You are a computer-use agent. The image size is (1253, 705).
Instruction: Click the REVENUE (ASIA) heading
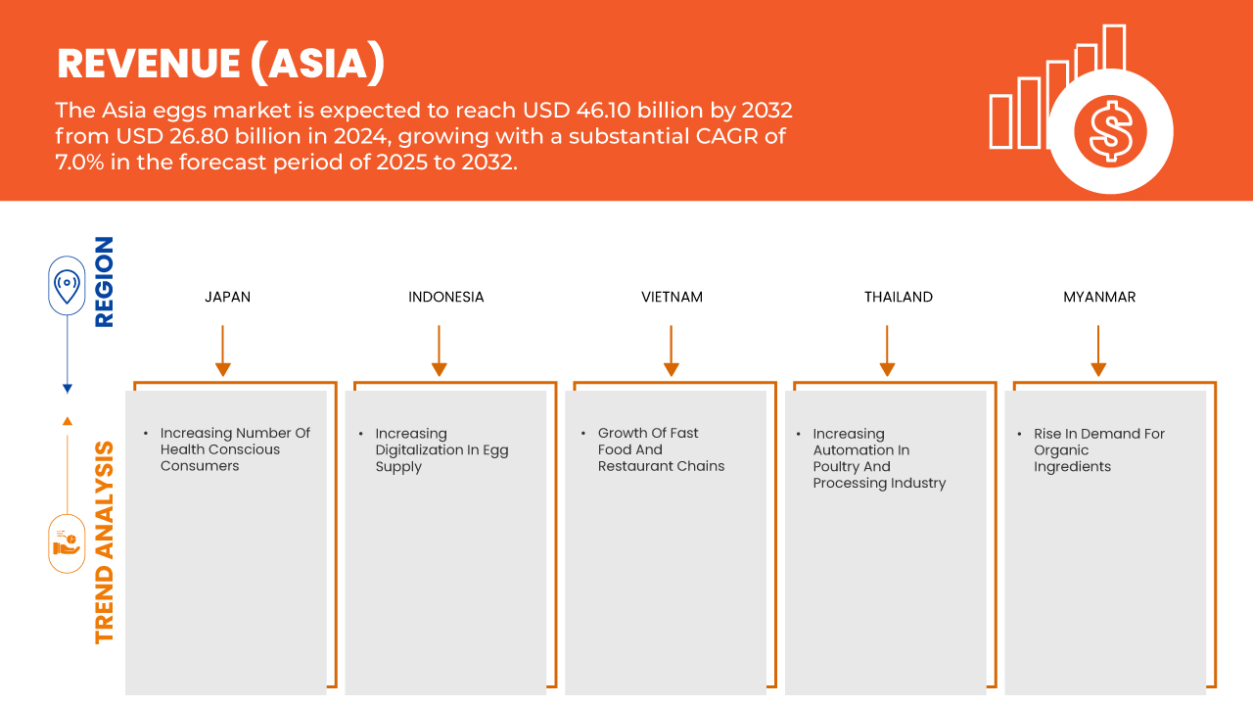pyautogui.click(x=221, y=64)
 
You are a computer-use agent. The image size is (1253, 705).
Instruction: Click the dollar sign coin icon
pyautogui.click(x=1110, y=131)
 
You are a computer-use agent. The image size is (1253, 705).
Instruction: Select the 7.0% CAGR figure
pyautogui.click(x=81, y=162)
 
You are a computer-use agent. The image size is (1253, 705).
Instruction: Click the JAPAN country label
pyautogui.click(x=227, y=297)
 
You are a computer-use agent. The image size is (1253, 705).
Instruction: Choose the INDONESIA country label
pyautogui.click(x=445, y=297)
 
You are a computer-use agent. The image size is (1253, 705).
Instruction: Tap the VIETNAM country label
pyautogui.click(x=672, y=297)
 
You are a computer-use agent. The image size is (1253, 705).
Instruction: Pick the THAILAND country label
pyautogui.click(x=898, y=297)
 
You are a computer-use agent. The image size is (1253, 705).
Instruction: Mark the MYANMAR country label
pyautogui.click(x=1099, y=297)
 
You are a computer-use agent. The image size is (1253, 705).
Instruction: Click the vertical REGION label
pyautogui.click(x=104, y=282)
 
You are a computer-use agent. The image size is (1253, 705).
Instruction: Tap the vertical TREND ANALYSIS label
pyautogui.click(x=104, y=542)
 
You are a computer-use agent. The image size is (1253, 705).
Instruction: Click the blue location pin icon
pyautogui.click(x=67, y=286)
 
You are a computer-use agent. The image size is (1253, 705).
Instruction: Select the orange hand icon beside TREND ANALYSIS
pyautogui.click(x=67, y=542)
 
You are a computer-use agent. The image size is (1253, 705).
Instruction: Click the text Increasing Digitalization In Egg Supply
pyautogui.click(x=441, y=450)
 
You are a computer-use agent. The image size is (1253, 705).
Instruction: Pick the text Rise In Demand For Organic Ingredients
pyautogui.click(x=1098, y=450)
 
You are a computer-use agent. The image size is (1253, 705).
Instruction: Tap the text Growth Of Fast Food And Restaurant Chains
pyautogui.click(x=661, y=449)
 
